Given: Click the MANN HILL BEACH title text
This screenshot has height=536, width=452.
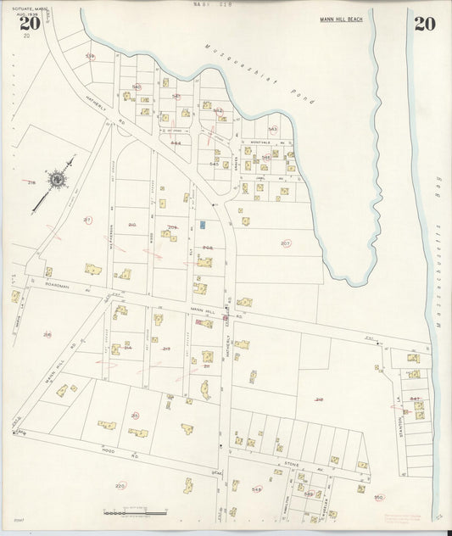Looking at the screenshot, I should coord(343,19).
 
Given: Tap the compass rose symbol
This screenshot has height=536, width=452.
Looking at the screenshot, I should coord(57,179).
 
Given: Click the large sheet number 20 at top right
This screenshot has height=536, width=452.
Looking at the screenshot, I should coord(424,23).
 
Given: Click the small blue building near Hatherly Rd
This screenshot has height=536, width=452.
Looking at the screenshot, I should coord(203,225).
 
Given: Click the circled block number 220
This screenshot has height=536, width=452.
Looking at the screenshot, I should coord(120,486).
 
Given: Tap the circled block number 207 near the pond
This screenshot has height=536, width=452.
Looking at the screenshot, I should coord(285,243).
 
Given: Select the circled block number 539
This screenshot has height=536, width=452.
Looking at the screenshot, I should coord(90,57).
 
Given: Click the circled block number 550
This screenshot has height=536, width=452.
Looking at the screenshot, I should coord(378,497).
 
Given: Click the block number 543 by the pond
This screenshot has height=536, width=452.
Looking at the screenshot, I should coord(272,129).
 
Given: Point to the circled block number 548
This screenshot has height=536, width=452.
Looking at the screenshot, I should coord(256,489).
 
